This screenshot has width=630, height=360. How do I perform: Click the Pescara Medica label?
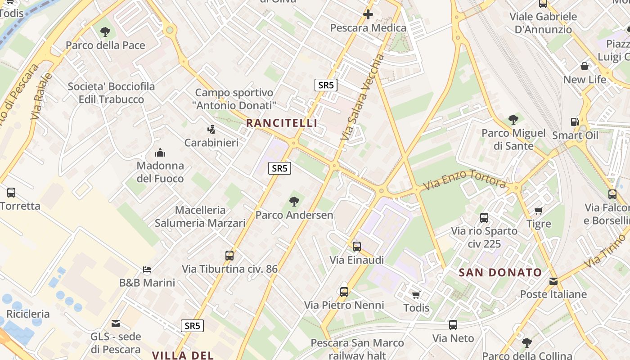368,28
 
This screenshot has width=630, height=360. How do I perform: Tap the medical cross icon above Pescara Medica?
368,14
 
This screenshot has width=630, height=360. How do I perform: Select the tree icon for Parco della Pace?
105,31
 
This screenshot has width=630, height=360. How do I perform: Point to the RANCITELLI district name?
282,123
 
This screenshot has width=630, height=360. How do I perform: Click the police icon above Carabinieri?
211,130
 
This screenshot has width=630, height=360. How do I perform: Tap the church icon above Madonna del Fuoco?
160,153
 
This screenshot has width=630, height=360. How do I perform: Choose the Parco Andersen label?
294,215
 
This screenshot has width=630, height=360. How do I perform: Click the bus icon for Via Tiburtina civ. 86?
229,256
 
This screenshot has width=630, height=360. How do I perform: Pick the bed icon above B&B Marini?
147,270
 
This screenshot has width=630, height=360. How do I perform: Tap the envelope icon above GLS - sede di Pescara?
116,323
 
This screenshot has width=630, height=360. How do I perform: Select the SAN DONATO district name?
500,272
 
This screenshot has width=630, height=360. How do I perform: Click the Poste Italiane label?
553,294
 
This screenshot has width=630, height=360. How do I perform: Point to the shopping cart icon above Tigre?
539,211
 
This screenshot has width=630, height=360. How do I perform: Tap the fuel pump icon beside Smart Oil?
575,122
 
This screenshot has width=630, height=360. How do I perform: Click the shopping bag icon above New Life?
585,67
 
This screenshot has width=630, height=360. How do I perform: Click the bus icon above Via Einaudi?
357,246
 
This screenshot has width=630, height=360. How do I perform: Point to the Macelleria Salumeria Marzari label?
200,216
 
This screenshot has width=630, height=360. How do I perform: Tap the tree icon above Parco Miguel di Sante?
513,120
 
